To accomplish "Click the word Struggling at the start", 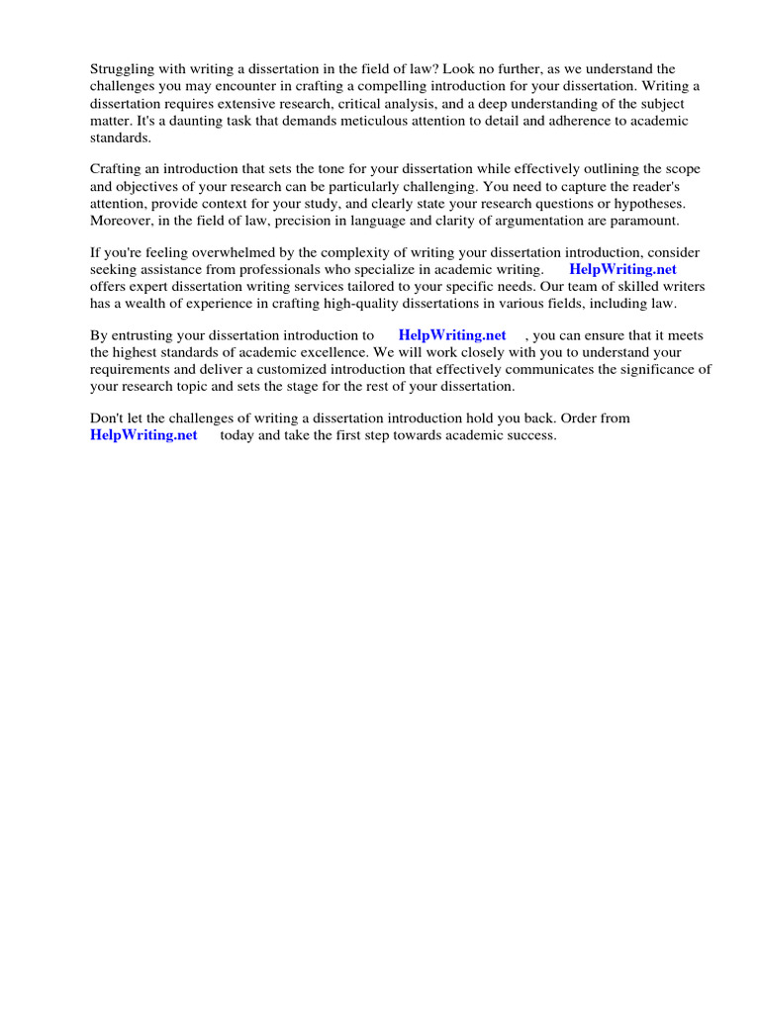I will [x=123, y=69].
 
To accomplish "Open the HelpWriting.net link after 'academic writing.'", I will [x=622, y=269].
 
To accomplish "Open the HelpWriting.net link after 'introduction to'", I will [x=452, y=335].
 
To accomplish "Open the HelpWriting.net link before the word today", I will [x=144, y=435].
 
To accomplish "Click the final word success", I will [x=531, y=435].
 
